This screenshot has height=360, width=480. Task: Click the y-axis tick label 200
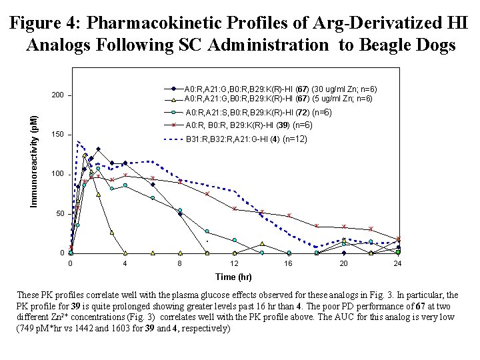pyautogui.click(x=57, y=95)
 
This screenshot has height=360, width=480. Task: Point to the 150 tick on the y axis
pyautogui.click(x=57, y=135)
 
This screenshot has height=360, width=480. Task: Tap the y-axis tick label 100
pyautogui.click(x=57, y=174)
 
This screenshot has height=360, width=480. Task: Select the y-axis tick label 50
pyautogui.click(x=59, y=213)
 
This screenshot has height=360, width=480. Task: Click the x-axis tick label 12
pyautogui.click(x=234, y=264)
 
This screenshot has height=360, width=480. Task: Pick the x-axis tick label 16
pyautogui.click(x=289, y=264)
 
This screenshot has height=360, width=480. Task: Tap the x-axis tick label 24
pyautogui.click(x=398, y=264)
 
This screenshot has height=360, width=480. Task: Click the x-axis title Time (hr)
pyautogui.click(x=233, y=277)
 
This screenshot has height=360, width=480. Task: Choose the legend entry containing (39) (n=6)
pyautogui.click(x=249, y=125)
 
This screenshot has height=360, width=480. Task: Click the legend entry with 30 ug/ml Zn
pyautogui.click(x=281, y=89)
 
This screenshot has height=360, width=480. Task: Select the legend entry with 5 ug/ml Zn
pyautogui.click(x=279, y=99)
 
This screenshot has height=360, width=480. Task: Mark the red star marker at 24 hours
pyautogui.click(x=398, y=239)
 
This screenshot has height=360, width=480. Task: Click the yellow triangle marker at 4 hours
pyautogui.click(x=125, y=253)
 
